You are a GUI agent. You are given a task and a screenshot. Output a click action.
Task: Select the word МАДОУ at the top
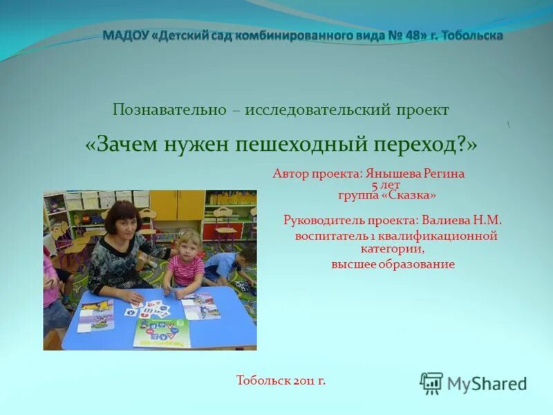[126, 35]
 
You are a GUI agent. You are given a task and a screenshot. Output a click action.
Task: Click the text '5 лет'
[385, 186]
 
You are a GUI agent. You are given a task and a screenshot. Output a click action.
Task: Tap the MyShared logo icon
[431, 382]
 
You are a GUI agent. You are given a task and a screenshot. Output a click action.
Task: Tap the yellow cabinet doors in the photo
[178, 205]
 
